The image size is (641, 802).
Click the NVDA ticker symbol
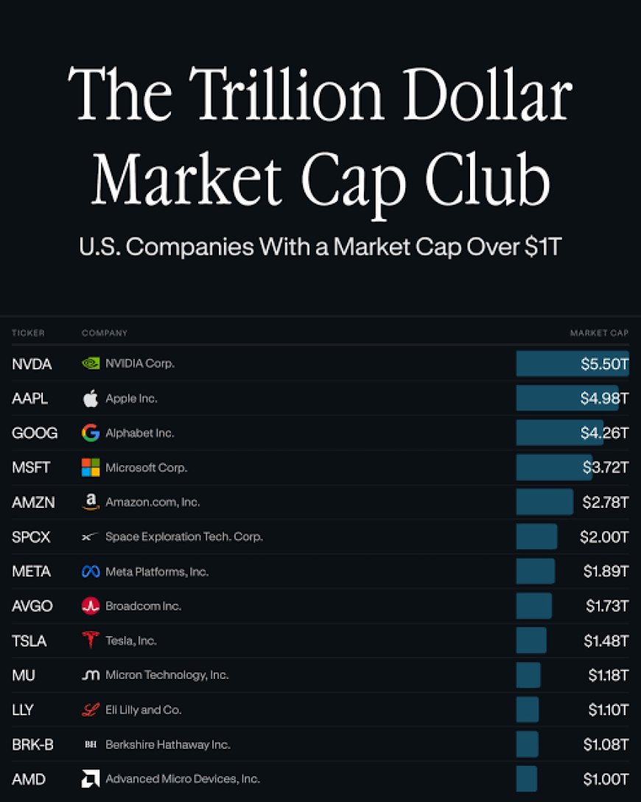point(32,364)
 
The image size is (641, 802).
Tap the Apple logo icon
point(91,399)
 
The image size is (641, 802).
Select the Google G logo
point(91,433)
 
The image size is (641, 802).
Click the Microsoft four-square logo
point(91,467)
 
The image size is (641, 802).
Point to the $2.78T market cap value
point(605,502)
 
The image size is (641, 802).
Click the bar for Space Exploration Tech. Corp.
point(536,537)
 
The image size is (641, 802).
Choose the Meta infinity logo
point(91,571)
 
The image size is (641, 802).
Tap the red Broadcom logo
point(91,606)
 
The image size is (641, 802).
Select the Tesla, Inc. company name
point(131,641)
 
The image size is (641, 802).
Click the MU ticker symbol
point(24,675)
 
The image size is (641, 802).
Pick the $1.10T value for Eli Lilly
point(609,710)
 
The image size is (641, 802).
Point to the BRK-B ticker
point(32,745)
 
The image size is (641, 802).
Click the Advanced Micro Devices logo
point(91,779)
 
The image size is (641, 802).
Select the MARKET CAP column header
point(599,333)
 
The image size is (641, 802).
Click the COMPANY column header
point(105,333)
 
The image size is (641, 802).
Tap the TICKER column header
point(28,333)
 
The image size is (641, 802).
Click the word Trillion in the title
point(287,94)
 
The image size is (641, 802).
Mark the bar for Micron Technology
point(528,675)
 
